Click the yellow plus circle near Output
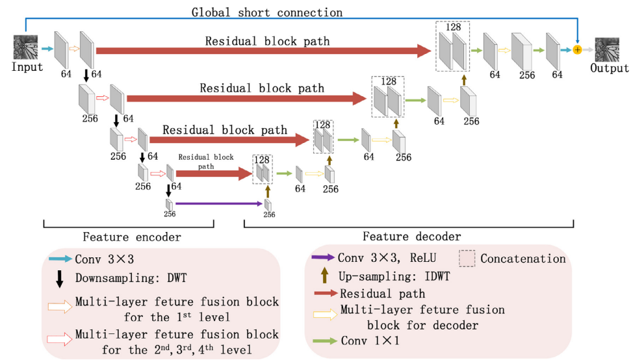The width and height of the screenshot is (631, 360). (576, 50)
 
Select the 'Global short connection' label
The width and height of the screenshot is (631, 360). (266, 12)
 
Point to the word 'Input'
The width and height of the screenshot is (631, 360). (27, 67)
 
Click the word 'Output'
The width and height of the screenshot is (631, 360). (609, 68)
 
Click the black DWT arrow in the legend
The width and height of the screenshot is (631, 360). (60, 279)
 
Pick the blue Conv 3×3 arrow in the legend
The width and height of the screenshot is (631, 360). (60, 259)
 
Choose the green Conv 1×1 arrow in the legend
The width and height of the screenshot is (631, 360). (323, 341)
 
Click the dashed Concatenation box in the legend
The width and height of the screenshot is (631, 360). (467, 259)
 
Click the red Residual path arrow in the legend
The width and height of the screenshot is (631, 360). (323, 294)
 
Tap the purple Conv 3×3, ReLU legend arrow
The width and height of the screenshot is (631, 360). (323, 259)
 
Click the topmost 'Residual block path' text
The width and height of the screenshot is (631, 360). (267, 41)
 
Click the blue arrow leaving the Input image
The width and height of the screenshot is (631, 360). (47, 48)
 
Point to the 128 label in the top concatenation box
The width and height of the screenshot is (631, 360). (454, 28)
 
